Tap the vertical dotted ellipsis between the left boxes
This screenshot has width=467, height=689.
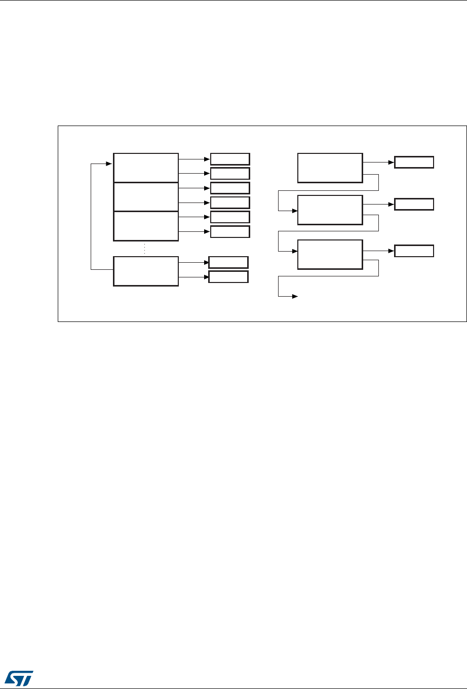(x=145, y=249)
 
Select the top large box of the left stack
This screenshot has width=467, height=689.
(x=146, y=167)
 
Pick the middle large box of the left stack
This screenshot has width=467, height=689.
(x=146, y=197)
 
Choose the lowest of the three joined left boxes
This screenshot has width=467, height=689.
(x=146, y=226)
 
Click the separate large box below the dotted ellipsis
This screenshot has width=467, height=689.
(x=146, y=271)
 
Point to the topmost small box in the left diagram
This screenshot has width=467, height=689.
(x=230, y=158)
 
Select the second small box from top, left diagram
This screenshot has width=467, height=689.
(x=230, y=173)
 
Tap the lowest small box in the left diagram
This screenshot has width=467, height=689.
(x=228, y=277)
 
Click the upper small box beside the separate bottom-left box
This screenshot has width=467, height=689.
(x=228, y=262)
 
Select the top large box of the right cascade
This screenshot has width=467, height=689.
(x=330, y=167)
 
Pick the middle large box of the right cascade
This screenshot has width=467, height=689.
(x=330, y=210)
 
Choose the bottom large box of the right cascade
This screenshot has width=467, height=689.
(x=330, y=255)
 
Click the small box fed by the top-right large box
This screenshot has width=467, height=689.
(x=414, y=163)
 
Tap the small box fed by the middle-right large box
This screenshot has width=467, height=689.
(x=414, y=205)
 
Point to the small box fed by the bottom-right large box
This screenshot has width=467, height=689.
(x=414, y=251)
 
